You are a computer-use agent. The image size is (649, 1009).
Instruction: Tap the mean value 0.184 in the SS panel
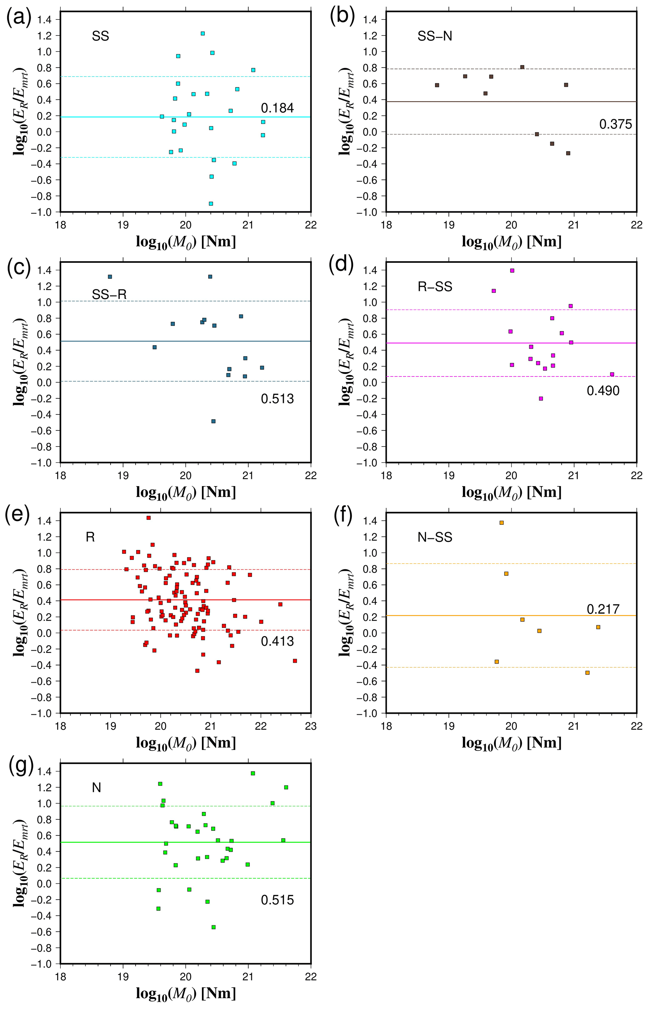click(x=277, y=108)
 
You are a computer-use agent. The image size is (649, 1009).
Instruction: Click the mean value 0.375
click(x=615, y=124)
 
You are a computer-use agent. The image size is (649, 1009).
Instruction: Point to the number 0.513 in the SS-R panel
click(x=277, y=399)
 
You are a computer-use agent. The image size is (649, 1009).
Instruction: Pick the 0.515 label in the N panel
click(x=277, y=900)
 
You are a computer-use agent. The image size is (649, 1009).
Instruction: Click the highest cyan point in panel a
click(x=203, y=33)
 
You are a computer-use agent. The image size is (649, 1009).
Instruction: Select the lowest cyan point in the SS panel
click(x=211, y=203)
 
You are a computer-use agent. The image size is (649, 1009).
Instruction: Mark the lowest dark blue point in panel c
click(x=213, y=421)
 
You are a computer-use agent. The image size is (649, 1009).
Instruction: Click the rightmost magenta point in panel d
click(x=612, y=374)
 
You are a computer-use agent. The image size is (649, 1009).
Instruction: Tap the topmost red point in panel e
click(x=148, y=518)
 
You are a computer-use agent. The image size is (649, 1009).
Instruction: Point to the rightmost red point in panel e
click(x=295, y=661)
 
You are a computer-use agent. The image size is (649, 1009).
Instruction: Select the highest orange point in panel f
click(x=501, y=523)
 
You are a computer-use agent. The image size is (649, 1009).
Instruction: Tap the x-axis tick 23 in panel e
click(x=311, y=726)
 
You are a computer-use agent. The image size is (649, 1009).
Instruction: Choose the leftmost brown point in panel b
click(x=437, y=85)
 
